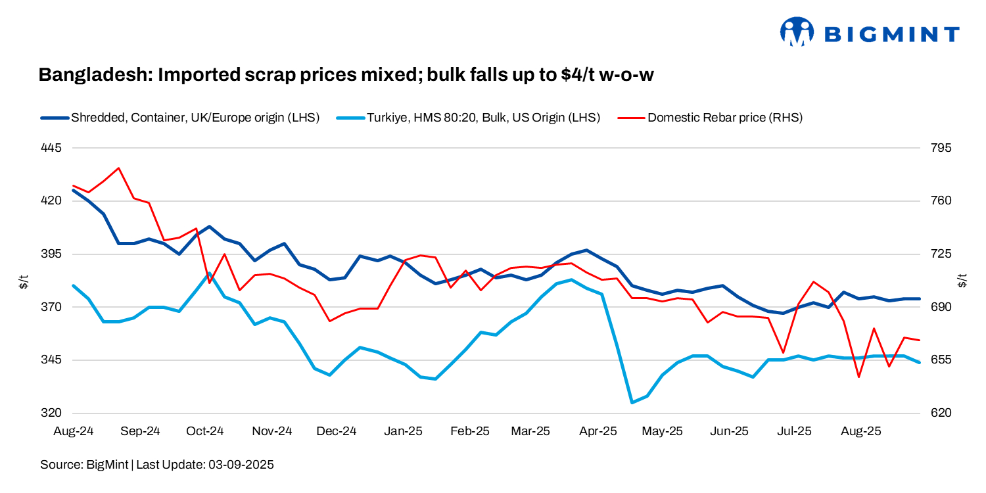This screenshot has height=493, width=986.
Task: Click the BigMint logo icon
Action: click(x=797, y=32)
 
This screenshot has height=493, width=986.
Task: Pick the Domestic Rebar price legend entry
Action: click(x=725, y=118)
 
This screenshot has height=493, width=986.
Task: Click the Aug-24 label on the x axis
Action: click(x=74, y=432)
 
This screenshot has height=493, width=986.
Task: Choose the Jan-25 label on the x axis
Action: click(x=403, y=432)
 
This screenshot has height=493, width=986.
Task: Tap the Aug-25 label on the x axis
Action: click(x=861, y=432)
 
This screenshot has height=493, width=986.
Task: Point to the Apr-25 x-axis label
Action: click(x=598, y=432)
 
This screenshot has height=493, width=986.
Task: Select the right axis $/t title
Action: click(x=964, y=281)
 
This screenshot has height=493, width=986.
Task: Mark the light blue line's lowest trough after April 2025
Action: click(x=632, y=402)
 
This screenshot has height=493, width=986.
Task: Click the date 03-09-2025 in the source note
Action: click(x=241, y=465)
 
